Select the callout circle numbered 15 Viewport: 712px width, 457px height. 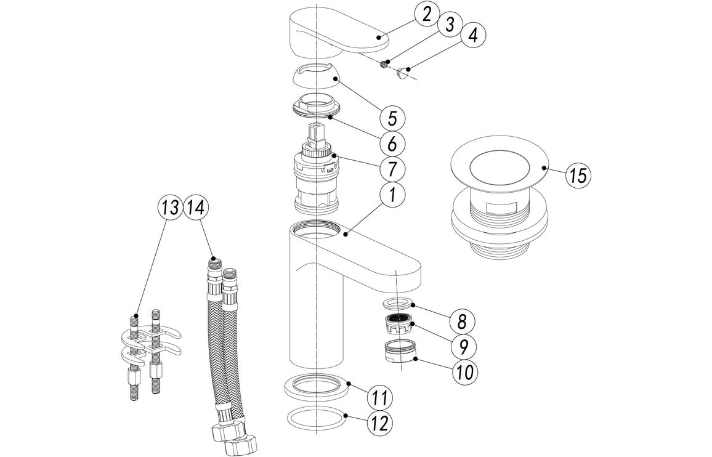point(576,176)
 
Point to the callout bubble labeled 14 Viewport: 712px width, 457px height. point(198,207)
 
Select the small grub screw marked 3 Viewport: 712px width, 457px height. point(386,62)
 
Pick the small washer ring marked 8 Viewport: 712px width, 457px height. point(397,303)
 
